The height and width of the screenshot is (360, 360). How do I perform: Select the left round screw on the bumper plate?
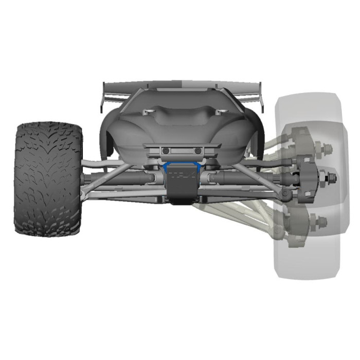point(166,151)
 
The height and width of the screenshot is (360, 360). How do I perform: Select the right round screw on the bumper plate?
point(197,151)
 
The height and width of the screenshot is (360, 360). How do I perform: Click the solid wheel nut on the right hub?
point(332,178)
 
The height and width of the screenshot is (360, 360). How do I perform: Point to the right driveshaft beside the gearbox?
point(242,178)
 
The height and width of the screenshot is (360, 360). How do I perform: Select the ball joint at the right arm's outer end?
point(284,193)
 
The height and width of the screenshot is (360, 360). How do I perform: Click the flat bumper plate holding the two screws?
point(182,151)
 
